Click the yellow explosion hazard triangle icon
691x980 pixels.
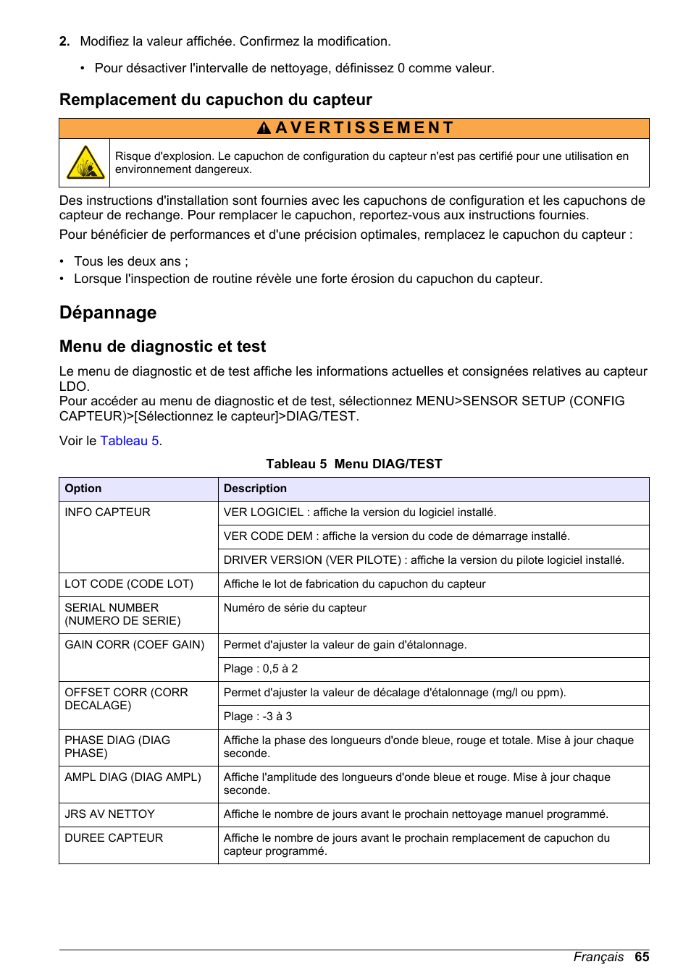click(85, 163)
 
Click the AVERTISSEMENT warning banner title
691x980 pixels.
click(355, 128)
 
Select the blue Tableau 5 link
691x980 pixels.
click(130, 441)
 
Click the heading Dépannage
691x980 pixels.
click(108, 313)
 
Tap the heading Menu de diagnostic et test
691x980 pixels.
click(162, 347)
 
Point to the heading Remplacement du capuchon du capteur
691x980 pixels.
click(215, 100)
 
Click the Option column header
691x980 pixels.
click(83, 489)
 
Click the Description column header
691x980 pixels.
click(255, 489)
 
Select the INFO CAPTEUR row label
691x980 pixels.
click(107, 512)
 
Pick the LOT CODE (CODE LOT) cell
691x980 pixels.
click(129, 584)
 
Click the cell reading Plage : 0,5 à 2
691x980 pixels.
click(261, 669)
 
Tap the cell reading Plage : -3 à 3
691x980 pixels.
click(258, 717)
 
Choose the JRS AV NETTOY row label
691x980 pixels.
click(109, 814)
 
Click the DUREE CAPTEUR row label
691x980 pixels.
click(114, 838)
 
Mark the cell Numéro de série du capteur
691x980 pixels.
click(295, 608)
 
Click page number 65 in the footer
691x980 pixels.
click(642, 957)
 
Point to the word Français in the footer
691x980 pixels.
click(598, 957)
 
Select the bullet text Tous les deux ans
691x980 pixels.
click(130, 261)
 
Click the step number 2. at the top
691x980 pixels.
click(64, 42)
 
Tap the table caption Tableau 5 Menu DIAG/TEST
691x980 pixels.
click(353, 464)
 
